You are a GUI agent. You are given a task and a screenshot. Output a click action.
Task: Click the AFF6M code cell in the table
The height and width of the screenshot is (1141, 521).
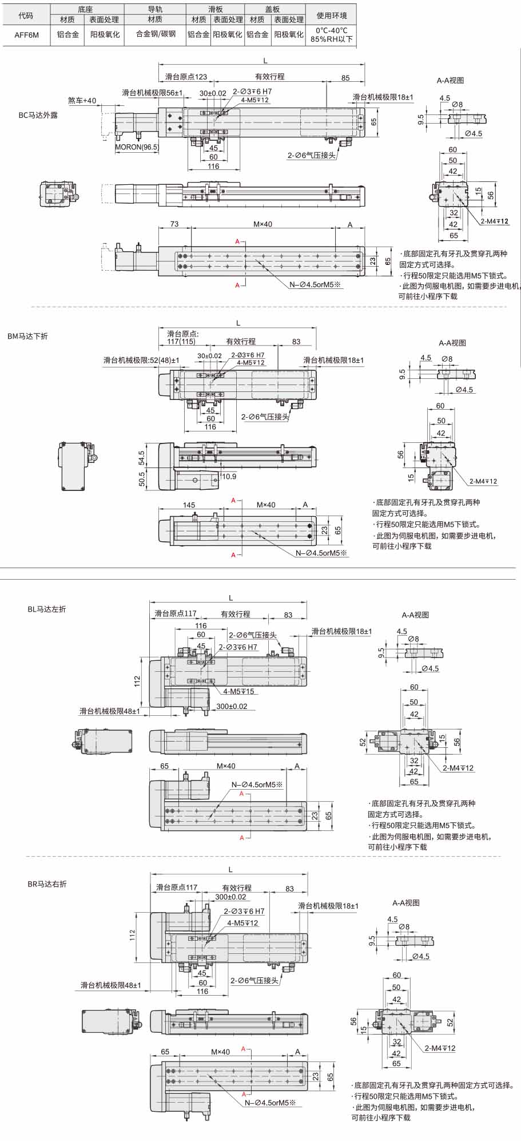(x=26, y=34)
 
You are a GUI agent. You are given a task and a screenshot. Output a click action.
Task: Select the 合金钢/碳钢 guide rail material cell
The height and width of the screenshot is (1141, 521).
(x=156, y=34)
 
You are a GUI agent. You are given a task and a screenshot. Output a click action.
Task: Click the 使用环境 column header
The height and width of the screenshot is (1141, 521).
(x=332, y=15)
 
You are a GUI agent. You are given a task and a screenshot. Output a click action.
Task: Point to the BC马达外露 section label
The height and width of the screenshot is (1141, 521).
(x=38, y=115)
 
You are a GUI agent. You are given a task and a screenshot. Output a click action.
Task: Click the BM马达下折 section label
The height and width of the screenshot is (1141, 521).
(x=28, y=336)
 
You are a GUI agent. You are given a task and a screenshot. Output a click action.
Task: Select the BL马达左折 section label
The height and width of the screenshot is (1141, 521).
(x=47, y=609)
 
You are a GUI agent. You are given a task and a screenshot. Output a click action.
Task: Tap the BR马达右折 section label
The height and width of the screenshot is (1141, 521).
(x=47, y=884)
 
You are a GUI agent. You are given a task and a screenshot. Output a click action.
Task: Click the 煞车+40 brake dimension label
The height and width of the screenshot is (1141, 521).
(x=82, y=101)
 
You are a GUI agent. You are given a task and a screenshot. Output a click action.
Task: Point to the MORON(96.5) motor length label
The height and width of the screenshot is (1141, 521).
(x=137, y=147)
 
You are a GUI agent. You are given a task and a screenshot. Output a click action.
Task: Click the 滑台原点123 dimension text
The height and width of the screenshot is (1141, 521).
(x=186, y=77)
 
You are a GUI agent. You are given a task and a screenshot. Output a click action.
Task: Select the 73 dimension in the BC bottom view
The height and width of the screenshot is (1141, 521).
(x=174, y=224)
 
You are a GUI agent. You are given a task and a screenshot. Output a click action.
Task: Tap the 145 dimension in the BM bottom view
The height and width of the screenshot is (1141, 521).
(x=189, y=505)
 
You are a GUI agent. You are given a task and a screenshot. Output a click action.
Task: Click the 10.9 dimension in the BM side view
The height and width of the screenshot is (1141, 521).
(x=229, y=477)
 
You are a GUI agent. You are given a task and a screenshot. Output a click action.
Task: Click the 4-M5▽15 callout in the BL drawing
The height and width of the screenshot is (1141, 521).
(x=238, y=692)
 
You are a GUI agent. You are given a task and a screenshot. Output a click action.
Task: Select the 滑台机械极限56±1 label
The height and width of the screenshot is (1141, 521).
(x=152, y=93)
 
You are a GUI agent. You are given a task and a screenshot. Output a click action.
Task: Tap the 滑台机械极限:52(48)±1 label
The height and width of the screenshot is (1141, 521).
(x=141, y=360)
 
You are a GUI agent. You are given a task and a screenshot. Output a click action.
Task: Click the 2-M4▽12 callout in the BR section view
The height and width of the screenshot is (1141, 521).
(x=440, y=1048)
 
